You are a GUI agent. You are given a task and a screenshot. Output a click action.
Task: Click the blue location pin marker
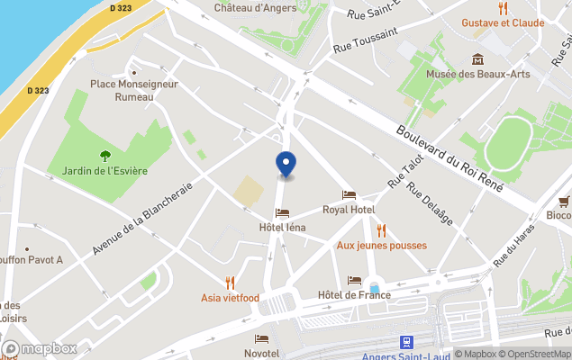point(285,165)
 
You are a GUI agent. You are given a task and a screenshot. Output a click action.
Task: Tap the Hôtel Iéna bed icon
point(283,213)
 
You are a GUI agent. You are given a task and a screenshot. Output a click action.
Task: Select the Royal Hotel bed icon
point(349,195)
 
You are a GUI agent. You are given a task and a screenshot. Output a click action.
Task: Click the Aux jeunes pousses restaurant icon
point(381,230)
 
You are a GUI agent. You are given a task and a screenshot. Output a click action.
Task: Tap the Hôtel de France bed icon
point(354,281)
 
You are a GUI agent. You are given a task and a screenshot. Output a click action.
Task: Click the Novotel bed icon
point(261,338)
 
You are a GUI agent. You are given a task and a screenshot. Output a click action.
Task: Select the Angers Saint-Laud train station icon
point(406,342)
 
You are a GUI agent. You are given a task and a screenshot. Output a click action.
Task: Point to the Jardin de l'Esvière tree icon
point(105,155)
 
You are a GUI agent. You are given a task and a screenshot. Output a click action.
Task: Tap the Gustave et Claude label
point(503,22)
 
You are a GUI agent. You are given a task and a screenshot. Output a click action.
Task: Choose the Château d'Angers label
point(257,7)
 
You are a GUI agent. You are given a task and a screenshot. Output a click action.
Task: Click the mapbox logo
point(40,348)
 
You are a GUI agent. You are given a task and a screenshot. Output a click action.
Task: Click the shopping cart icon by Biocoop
point(564,201)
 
